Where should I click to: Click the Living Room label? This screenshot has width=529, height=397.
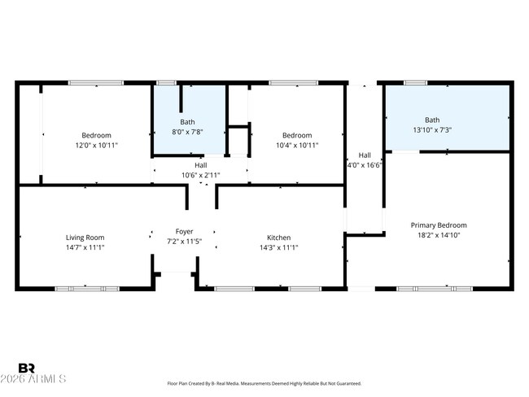click(x=85, y=238)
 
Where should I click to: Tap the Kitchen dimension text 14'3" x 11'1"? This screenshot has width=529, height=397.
click(x=278, y=247)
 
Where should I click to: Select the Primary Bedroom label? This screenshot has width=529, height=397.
click(x=439, y=225)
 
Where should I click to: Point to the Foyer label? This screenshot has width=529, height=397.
click(x=184, y=232)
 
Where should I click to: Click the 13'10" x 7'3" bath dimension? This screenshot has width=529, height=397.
click(x=432, y=130)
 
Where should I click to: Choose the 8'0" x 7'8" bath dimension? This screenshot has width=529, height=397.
click(x=187, y=132)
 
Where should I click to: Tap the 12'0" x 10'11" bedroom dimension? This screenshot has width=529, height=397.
click(x=97, y=146)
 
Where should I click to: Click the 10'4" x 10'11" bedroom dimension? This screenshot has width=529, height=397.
click(x=297, y=146)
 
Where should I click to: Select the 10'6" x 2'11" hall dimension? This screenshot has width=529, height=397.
click(x=201, y=175)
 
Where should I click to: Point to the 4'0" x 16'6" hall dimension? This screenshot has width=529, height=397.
click(x=365, y=165)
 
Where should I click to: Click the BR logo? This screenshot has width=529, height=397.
click(x=26, y=368)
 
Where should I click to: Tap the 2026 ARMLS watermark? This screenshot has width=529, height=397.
click(x=33, y=379)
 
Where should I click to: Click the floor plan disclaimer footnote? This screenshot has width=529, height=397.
click(x=264, y=383)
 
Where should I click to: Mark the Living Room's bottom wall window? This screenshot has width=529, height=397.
click(x=87, y=289)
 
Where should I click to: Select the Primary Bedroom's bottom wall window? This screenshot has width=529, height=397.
click(x=435, y=289)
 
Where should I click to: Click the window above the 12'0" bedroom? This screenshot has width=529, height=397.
click(x=96, y=83)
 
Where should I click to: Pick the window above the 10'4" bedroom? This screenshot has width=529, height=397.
click(x=294, y=83)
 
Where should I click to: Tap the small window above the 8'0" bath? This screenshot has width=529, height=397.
click(x=166, y=83)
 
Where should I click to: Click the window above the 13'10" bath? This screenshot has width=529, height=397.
click(x=416, y=83)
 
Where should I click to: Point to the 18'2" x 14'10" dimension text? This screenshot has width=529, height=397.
click(x=439, y=235)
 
